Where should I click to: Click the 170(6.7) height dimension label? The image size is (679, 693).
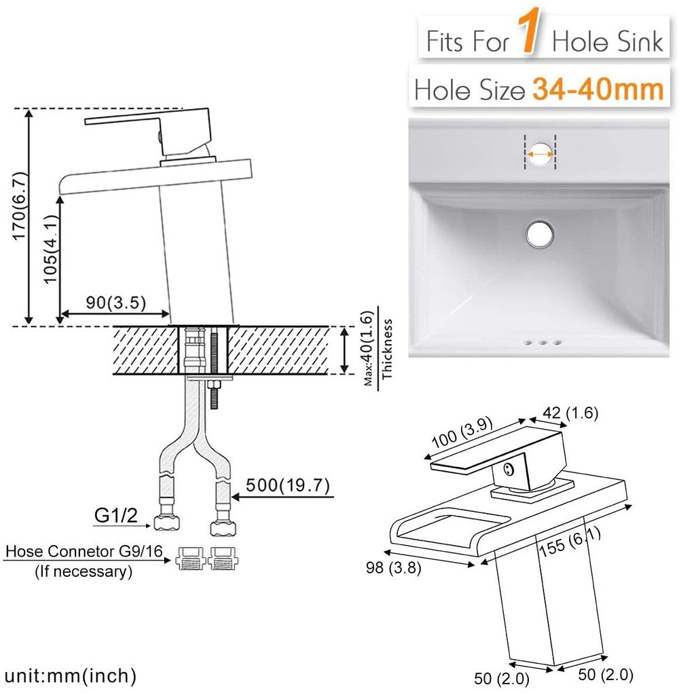click(18, 217)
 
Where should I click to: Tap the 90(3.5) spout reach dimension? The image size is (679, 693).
click(116, 303)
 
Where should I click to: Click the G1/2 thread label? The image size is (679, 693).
click(112, 515)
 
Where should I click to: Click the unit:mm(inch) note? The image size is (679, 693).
click(71, 675)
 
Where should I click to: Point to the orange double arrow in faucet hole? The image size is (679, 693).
click(540, 154)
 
